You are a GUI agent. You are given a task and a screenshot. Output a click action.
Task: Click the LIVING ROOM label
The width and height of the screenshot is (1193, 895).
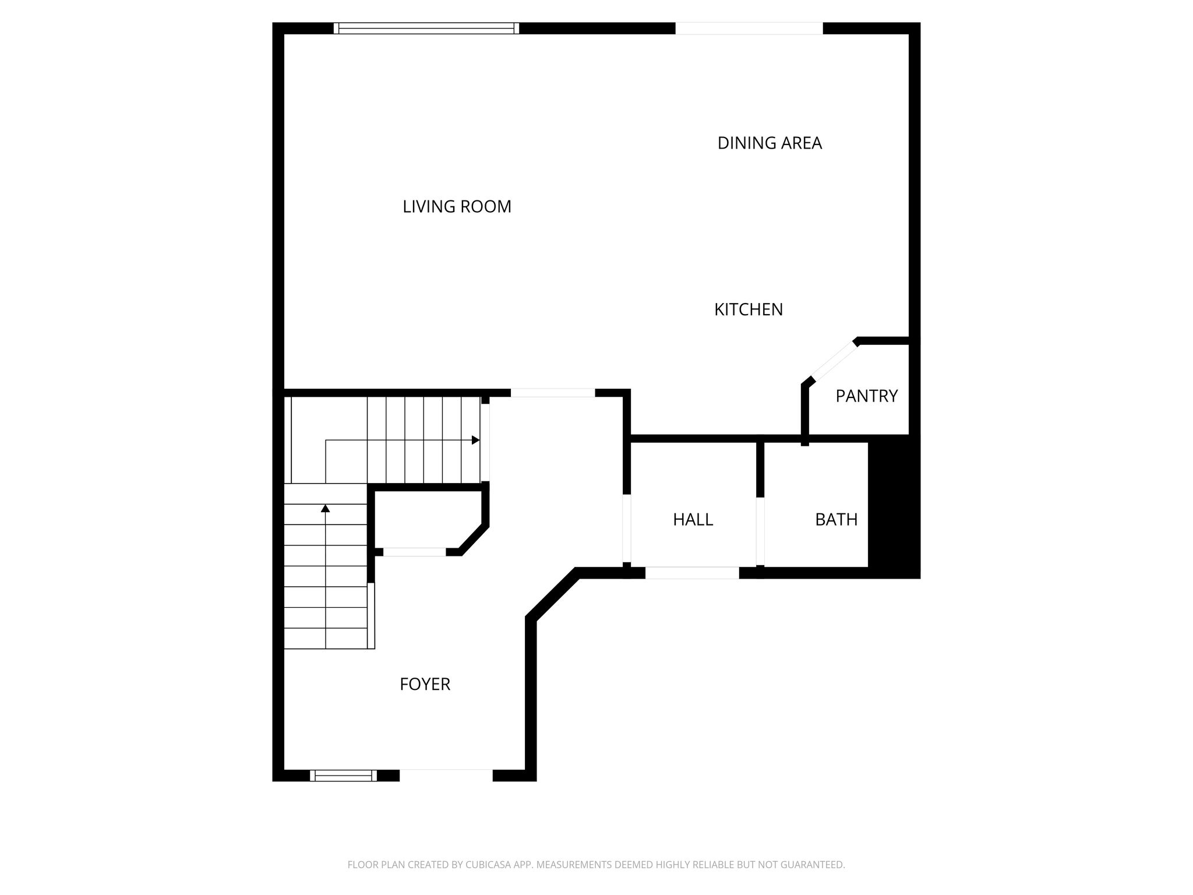[457, 206]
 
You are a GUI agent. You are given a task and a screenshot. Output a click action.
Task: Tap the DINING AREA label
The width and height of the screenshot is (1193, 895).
[770, 143]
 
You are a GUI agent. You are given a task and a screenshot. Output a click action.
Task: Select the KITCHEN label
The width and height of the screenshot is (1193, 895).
[749, 309]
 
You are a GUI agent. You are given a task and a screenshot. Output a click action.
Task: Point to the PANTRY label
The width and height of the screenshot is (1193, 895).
[866, 396]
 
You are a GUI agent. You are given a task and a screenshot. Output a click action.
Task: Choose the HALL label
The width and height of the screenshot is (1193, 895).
[693, 519]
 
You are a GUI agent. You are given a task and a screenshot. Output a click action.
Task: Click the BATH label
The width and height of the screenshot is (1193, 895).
[836, 519]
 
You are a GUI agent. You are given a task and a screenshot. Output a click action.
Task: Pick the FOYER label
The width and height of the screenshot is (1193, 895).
[425, 684]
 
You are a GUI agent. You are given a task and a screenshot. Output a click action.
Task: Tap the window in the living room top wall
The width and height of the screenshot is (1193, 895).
[426, 29]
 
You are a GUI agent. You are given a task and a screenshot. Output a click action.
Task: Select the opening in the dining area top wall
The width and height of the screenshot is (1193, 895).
[749, 29]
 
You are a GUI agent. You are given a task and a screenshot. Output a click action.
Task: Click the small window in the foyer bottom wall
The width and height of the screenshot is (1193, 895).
[343, 776]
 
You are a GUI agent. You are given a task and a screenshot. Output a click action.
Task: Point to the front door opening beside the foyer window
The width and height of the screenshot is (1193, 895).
[446, 776]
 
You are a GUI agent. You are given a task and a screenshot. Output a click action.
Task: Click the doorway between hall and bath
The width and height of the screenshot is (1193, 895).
[760, 531]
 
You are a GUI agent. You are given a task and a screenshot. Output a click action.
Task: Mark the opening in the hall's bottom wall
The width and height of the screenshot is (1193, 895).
[692, 573]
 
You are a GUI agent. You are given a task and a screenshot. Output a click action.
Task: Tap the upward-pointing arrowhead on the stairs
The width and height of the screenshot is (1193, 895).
[326, 508]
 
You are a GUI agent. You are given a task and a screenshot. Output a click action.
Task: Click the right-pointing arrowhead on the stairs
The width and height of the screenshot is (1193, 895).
[475, 440]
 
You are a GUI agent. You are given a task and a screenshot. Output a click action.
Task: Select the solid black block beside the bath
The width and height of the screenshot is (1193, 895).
[894, 507]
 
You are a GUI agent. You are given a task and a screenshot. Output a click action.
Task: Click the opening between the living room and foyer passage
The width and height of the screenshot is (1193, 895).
[553, 393]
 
